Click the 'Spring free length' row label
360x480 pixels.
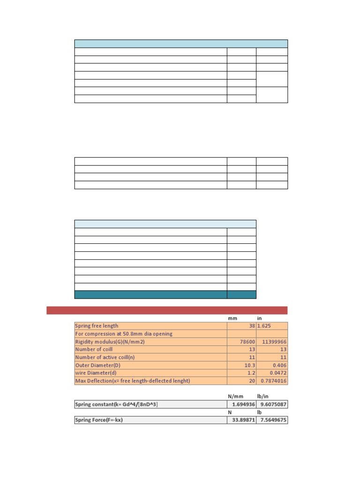pyautogui.click(x=97, y=326)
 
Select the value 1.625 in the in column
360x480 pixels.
pyautogui.click(x=266, y=326)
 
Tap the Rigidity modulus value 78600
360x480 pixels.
pyautogui.click(x=247, y=342)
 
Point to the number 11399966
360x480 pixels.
pyautogui.click(x=272, y=342)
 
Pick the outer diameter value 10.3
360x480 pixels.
pyautogui.click(x=248, y=365)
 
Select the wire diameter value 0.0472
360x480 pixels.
pyautogui.click(x=277, y=373)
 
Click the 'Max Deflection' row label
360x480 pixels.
pyautogui.click(x=133, y=381)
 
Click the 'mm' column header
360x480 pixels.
pyautogui.click(x=233, y=318)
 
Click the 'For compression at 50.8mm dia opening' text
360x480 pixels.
pyautogui.click(x=124, y=334)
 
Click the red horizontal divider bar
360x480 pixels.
pyautogui.click(x=167, y=310)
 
